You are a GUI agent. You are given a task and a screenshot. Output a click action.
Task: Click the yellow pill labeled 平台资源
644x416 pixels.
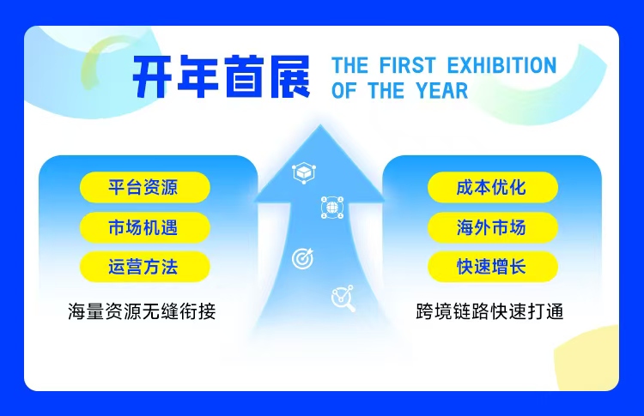144,187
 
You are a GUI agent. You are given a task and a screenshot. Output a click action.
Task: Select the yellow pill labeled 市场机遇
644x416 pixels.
144,227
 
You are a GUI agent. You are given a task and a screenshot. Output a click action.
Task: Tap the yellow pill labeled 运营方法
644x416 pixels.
144,267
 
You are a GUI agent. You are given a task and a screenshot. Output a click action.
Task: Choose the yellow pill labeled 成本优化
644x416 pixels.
491,187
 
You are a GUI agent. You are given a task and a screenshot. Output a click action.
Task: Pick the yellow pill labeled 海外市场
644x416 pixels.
491,227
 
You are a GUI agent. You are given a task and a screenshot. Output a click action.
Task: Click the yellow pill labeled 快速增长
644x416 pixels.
491,267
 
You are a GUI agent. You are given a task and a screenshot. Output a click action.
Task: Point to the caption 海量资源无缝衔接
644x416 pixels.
142,311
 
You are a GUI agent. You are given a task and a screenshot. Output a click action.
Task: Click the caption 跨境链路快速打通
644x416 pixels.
489,311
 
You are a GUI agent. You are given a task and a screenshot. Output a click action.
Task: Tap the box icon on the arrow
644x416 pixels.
303,172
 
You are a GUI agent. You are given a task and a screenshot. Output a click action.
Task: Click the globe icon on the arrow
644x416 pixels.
331,207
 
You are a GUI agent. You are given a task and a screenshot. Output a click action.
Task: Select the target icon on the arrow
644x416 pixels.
302,256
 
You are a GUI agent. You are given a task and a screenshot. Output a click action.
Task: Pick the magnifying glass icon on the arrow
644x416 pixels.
343,298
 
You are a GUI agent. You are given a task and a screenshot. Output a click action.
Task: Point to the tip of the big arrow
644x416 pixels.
319,129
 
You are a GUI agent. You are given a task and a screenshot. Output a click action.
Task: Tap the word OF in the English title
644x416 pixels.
343,91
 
